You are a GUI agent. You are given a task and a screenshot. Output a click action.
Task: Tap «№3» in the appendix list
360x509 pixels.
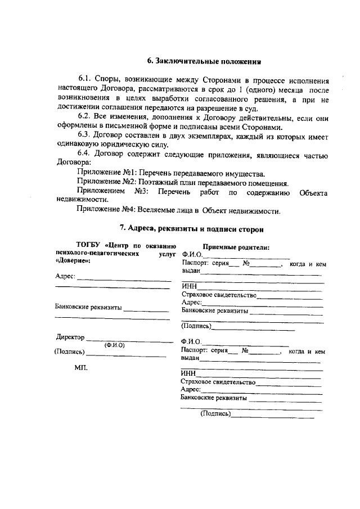(141, 192)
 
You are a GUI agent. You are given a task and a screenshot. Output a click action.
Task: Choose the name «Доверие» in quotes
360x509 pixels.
(73, 261)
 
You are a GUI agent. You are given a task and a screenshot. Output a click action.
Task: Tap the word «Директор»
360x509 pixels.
(70, 337)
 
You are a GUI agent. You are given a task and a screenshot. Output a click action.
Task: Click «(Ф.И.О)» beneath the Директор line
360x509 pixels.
(114, 345)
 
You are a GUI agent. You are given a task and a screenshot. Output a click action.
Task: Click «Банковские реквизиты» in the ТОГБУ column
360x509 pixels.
(88, 308)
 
